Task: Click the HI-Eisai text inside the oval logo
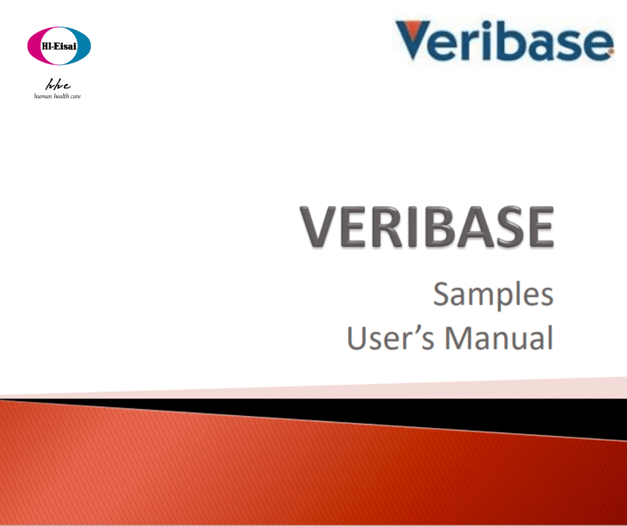[58, 45]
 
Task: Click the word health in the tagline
[61, 96]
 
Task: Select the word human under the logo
[43, 96]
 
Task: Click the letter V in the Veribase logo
[415, 41]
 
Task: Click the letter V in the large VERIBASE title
[323, 227]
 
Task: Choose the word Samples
[493, 296]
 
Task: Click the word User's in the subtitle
[390, 338]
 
